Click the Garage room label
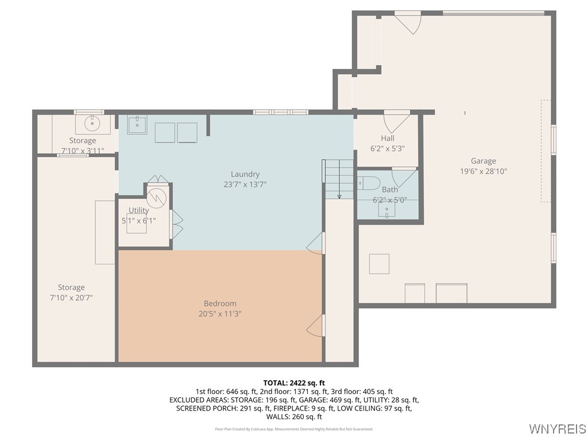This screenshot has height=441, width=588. coord(483,161)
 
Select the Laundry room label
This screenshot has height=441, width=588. coord(245,174)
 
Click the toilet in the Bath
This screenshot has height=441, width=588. coord(369,184)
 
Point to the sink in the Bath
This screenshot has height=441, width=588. coord(386,210)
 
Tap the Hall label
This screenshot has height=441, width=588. coord(388,138)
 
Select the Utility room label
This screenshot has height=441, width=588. coord(138,211)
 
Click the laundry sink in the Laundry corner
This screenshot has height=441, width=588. coord(137,124)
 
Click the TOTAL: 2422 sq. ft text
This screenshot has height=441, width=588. coord(294,382)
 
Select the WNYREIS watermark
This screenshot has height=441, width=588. coord(557,429)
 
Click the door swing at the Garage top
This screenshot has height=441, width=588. coord(408,22)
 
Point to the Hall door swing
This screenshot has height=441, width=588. coord(396,121)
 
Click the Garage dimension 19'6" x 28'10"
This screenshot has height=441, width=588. coord(483,171)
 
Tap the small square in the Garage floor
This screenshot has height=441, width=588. coord(379,264)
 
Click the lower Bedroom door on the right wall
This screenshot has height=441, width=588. coord(315,326)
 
